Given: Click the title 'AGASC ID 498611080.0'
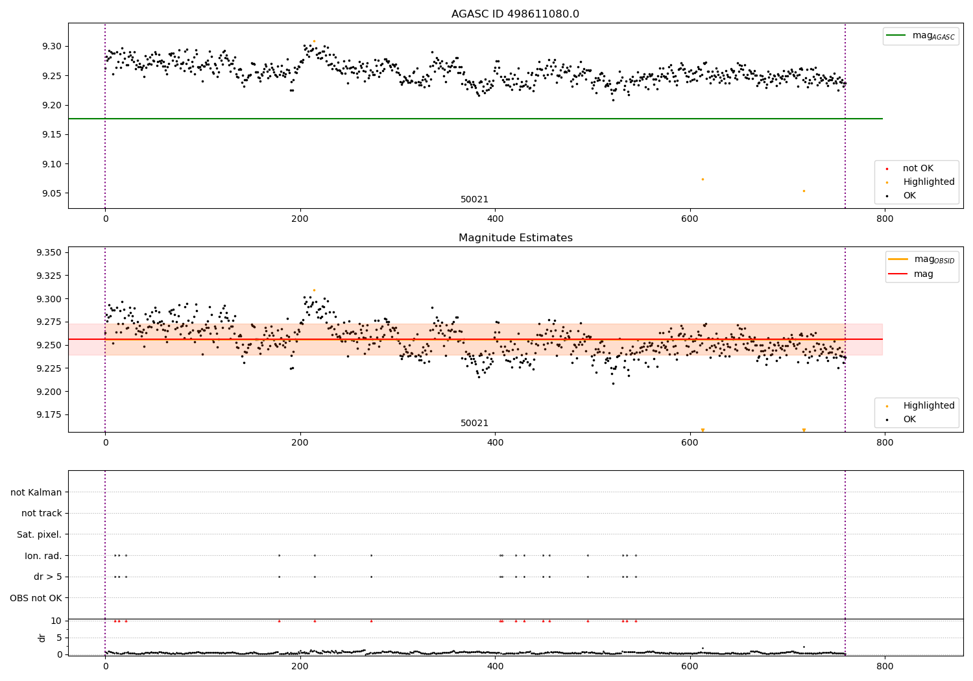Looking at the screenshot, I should point(515,14).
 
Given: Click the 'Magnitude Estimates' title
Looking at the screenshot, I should point(515,238).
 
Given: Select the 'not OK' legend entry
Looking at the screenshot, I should point(917,169).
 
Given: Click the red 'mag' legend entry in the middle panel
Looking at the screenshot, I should point(923,274).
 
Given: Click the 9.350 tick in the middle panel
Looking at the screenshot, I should point(49,252).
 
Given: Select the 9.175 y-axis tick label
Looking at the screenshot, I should point(49,414).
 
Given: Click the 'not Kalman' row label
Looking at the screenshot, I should point(36,492).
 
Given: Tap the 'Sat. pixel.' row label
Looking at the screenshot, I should point(39,534).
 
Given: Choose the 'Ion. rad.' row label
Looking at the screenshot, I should point(43,556).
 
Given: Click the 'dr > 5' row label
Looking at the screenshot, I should point(47,577).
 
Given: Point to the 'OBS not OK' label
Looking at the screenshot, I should point(36,598).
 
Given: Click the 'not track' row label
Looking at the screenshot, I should point(42,513).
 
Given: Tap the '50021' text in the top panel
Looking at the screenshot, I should point(474,200).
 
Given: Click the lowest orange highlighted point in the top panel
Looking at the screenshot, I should point(804,191).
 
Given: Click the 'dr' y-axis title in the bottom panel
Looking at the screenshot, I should point(42,638).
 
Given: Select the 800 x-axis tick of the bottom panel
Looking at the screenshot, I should point(884,666).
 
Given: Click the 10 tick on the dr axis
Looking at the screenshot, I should point(56,621).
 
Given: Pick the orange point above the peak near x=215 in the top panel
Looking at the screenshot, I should point(315,41).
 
